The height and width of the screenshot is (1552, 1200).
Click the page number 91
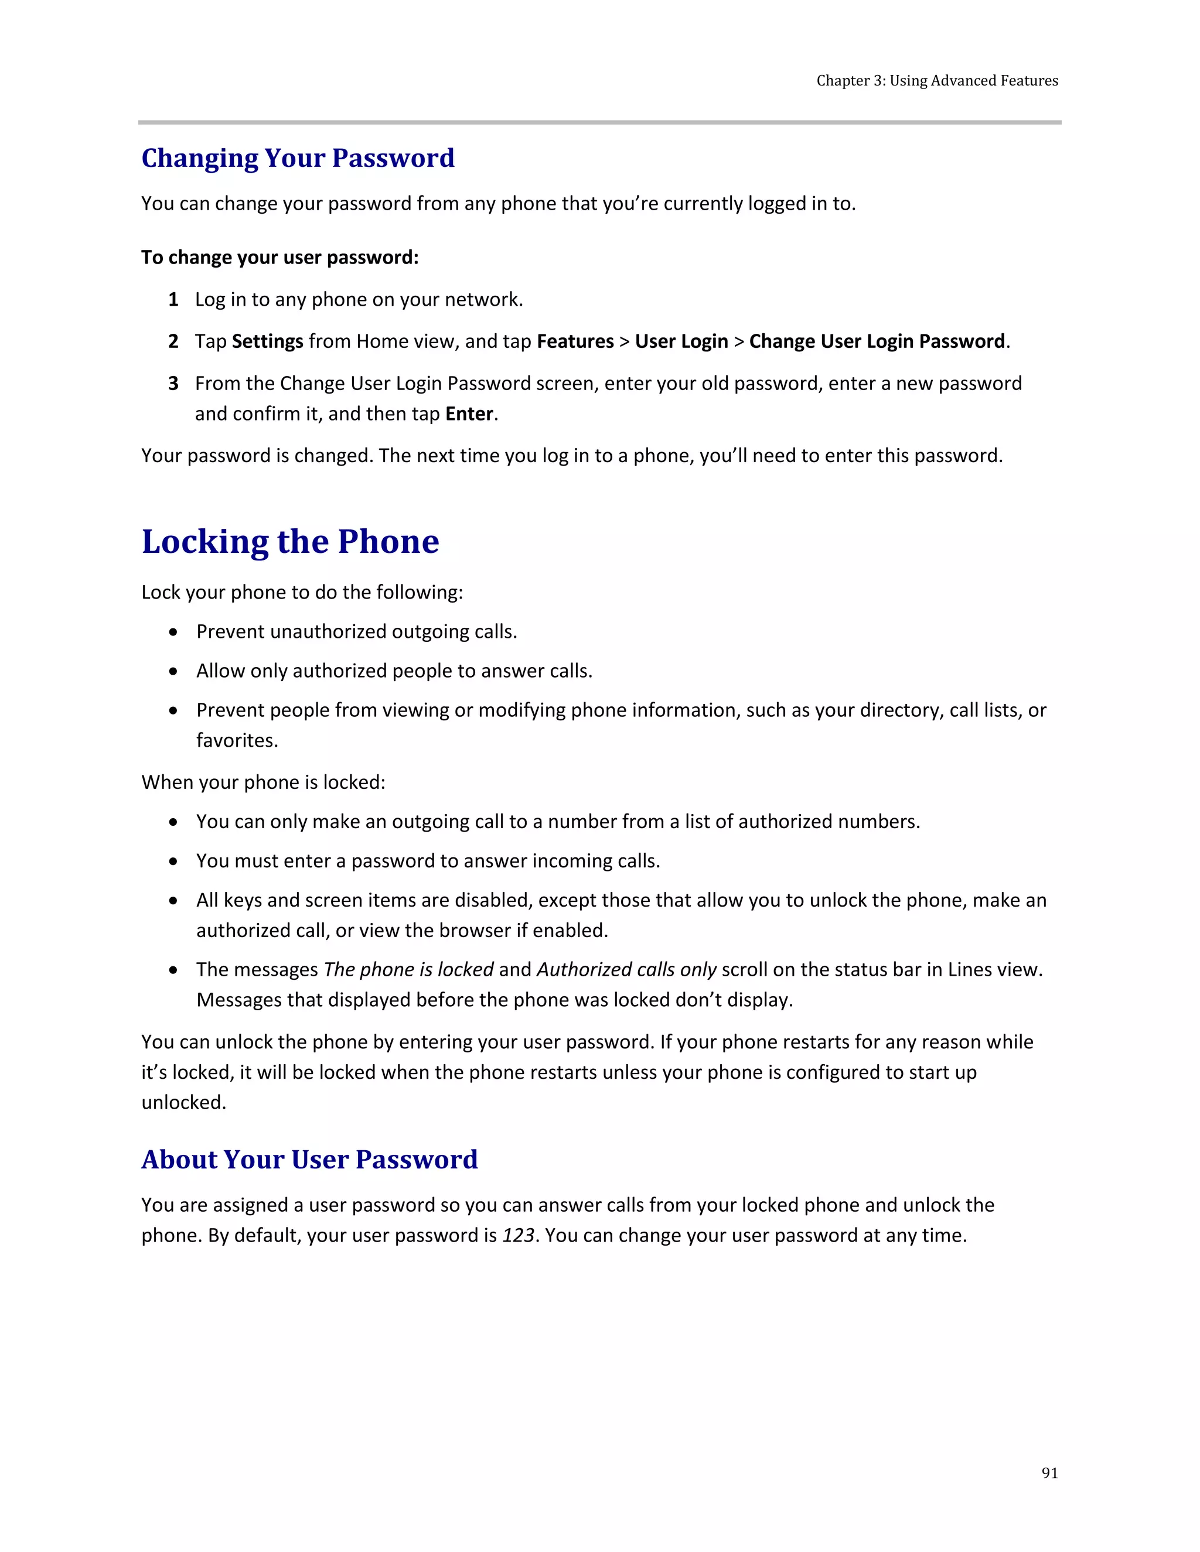point(1049,1473)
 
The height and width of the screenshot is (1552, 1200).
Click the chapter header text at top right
point(936,81)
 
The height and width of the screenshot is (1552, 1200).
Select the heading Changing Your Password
point(298,158)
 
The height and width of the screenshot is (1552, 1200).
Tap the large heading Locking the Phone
point(290,542)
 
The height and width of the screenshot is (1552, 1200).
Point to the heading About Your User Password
point(309,1159)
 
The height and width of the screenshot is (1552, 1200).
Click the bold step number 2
point(173,342)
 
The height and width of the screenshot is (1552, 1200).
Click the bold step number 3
point(173,384)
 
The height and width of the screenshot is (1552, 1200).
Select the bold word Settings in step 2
point(267,342)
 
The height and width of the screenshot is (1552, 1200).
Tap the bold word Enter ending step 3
point(469,413)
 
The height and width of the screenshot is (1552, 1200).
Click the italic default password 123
point(517,1235)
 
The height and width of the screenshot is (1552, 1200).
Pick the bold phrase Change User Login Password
point(877,342)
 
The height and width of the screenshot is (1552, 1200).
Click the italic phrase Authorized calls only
point(626,969)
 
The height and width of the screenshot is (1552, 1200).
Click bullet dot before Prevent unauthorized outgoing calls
point(173,633)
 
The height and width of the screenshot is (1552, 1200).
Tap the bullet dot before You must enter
point(173,862)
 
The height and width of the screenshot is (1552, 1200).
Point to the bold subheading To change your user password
point(279,257)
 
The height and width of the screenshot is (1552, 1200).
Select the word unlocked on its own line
point(183,1102)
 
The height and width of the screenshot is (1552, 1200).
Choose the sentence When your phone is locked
point(263,782)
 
